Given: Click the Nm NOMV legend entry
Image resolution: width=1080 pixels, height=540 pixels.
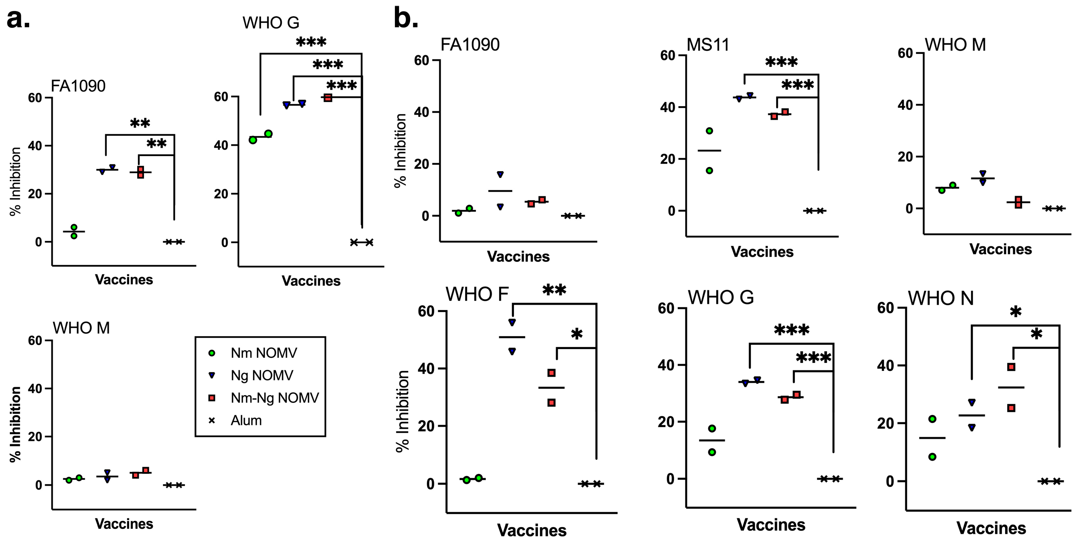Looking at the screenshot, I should pos(263,353).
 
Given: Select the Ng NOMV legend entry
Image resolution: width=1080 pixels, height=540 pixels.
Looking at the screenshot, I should pos(262,376).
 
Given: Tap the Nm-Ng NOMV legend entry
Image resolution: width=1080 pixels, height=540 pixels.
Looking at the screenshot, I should pos(274,398).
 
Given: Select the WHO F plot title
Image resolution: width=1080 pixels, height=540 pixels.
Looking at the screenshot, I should pos(477,294).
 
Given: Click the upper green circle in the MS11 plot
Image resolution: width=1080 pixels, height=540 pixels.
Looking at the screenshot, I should pos(709,131).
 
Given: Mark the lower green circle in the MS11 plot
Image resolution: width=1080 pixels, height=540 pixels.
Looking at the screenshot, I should pos(709,170).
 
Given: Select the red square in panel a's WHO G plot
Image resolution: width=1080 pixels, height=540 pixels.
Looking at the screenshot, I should pos(328,98).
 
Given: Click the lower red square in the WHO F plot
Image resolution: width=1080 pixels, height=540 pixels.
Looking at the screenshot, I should pos(552,403).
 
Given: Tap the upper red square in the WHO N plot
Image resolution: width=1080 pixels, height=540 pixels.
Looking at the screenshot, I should pos(1011,367).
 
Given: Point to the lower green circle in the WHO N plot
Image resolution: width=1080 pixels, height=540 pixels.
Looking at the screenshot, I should pos(932,457).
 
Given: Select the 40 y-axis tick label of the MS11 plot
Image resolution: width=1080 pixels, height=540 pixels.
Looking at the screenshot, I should pos(668,107).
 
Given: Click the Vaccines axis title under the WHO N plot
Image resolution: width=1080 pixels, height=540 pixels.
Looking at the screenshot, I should pos(991,528).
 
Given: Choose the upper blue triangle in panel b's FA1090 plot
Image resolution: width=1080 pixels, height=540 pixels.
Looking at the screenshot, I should pos(500,174).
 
